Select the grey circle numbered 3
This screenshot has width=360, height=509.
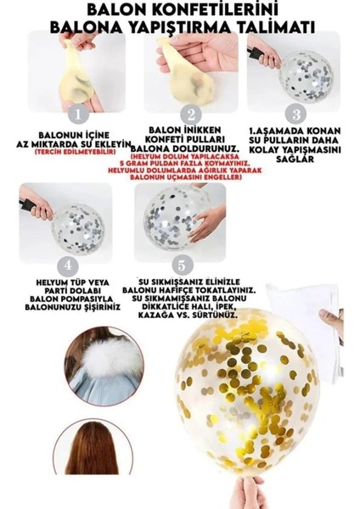(x=295, y=113)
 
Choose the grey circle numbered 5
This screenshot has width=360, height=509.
(x=178, y=264)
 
